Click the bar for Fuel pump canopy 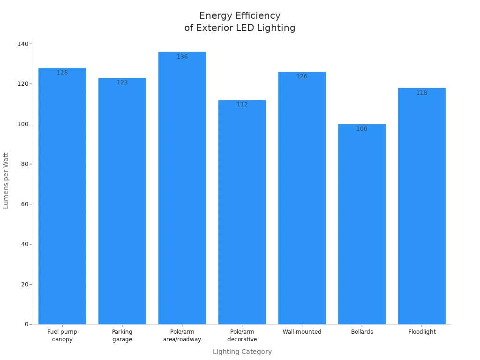click(x=62, y=197)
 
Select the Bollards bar click(x=362, y=225)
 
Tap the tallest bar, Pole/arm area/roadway click(x=182, y=187)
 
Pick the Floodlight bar click(x=422, y=206)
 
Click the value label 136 click(x=182, y=57)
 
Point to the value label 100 click(x=362, y=129)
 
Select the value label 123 click(x=122, y=82)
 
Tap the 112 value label click(x=242, y=105)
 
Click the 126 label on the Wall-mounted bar click(x=302, y=76)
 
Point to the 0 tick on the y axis click(x=26, y=324)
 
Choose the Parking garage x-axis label click(x=122, y=336)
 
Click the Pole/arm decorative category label click(x=242, y=336)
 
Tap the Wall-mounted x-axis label click(x=302, y=332)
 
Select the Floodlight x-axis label click(x=422, y=332)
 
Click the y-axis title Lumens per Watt click(x=6, y=180)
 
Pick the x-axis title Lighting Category click(x=242, y=352)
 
